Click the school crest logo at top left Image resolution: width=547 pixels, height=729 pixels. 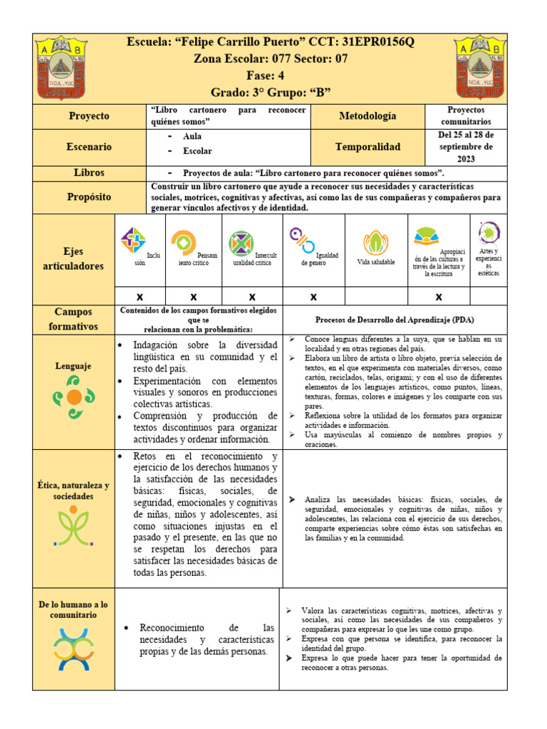(x=62, y=68)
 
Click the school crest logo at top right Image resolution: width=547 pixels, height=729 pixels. (x=482, y=68)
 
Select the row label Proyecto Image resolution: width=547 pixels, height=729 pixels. (x=89, y=116)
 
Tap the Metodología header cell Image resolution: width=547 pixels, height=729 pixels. (x=368, y=116)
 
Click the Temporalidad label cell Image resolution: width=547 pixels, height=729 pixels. (x=368, y=147)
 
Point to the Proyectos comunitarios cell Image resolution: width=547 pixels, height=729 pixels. (x=466, y=116)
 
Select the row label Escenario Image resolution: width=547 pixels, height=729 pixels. (x=89, y=147)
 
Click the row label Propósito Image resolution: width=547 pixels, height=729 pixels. (x=89, y=196)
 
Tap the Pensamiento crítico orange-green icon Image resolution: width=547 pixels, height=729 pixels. (x=184, y=243)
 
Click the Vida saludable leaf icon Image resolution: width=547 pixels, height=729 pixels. (x=375, y=243)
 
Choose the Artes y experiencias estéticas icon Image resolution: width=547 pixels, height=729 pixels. (x=489, y=233)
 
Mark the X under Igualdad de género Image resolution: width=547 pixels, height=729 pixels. (x=313, y=296)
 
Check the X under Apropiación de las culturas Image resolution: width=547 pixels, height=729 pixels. (x=439, y=296)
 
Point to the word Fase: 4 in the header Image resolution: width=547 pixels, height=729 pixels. (x=271, y=75)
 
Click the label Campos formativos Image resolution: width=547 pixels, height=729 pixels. (x=74, y=320)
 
